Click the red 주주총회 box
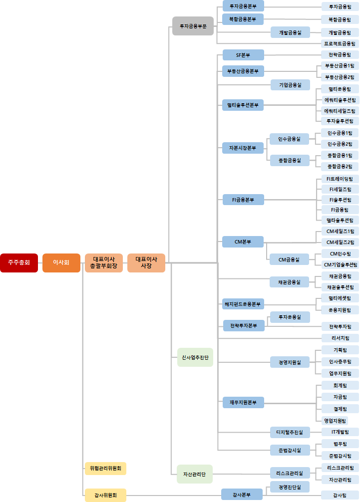click(x=19, y=262)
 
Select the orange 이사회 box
click(x=61, y=262)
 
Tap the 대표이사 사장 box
click(x=146, y=262)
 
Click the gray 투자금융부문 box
click(x=193, y=26)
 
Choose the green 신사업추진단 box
click(x=195, y=357)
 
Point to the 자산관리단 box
click(x=195, y=474)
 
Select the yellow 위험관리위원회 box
click(x=105, y=468)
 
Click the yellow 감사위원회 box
click(x=105, y=495)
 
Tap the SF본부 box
click(x=243, y=55)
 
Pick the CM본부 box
click(x=243, y=242)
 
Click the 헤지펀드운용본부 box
click(x=243, y=303)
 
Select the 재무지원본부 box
click(x=243, y=402)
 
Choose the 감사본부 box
click(x=242, y=495)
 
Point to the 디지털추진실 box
click(x=290, y=432)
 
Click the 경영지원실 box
click(x=290, y=362)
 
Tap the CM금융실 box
click(x=290, y=259)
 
